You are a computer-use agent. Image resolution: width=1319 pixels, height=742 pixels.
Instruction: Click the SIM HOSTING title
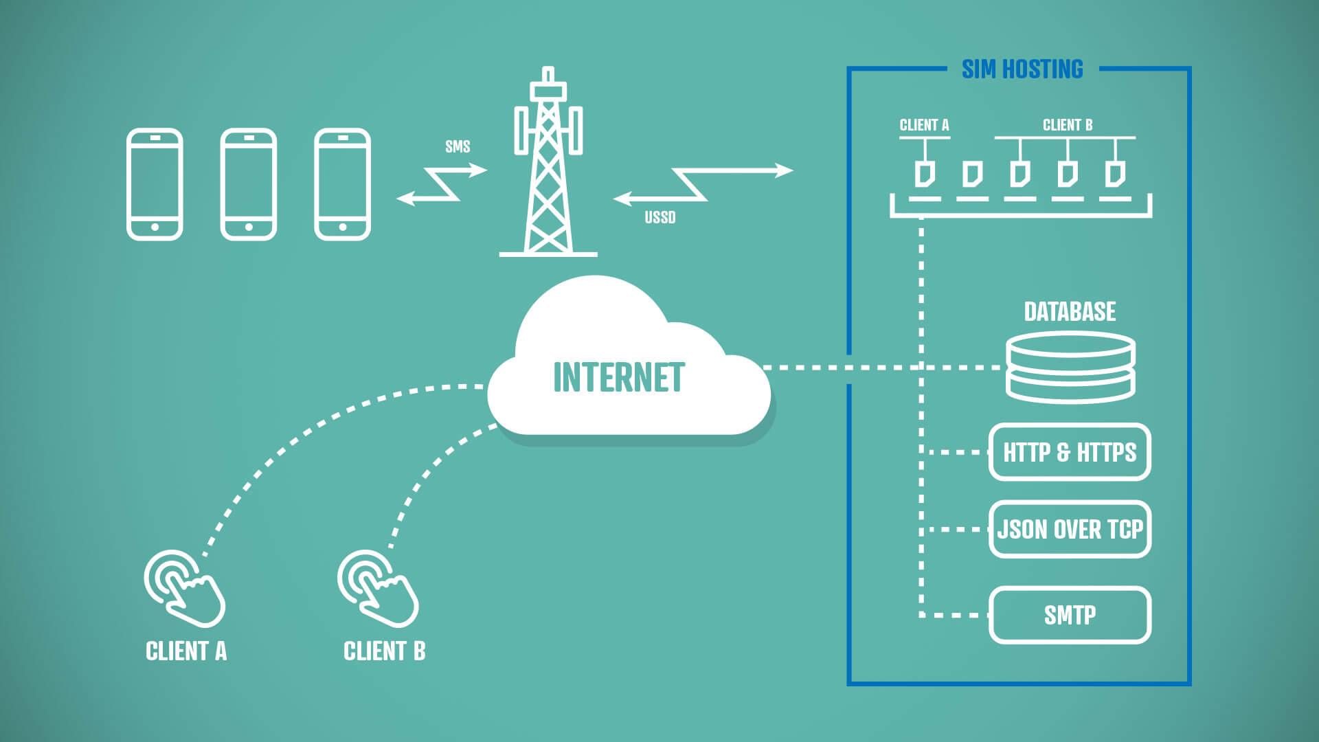pyautogui.click(x=1022, y=69)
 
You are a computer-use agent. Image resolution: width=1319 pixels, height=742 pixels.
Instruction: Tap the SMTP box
pyautogui.click(x=1070, y=615)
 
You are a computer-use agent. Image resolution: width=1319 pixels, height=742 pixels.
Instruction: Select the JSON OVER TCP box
pyautogui.click(x=1070, y=529)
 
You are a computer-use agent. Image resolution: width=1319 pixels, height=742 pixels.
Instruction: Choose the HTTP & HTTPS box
pyautogui.click(x=1070, y=452)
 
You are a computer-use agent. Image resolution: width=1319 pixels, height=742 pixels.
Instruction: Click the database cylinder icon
pyautogui.click(x=1070, y=368)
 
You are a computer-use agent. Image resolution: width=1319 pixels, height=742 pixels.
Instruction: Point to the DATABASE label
pyautogui.click(x=1070, y=312)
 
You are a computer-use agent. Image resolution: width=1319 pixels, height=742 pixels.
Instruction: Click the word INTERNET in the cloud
pyautogui.click(x=619, y=377)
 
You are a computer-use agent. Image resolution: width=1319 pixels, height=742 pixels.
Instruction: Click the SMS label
pyautogui.click(x=458, y=146)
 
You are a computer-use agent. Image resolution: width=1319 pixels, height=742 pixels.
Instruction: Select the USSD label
pyautogui.click(x=659, y=218)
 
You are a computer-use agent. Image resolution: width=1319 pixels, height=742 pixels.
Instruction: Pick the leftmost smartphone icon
pyautogui.click(x=155, y=184)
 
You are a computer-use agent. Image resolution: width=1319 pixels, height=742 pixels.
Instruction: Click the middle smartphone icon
pyautogui.click(x=249, y=184)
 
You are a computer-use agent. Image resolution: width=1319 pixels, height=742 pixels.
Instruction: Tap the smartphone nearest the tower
pyautogui.click(x=342, y=184)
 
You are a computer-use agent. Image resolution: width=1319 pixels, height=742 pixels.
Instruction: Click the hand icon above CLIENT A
pyautogui.click(x=183, y=588)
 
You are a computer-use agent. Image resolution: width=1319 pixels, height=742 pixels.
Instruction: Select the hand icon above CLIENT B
pyautogui.click(x=377, y=588)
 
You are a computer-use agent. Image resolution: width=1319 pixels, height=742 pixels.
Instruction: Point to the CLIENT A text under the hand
pyautogui.click(x=186, y=651)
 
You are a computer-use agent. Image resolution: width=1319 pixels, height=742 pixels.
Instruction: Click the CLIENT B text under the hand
pyautogui.click(x=384, y=651)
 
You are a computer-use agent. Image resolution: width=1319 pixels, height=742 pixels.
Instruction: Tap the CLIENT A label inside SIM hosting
pyautogui.click(x=924, y=125)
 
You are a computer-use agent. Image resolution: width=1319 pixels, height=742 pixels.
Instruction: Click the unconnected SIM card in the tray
pyautogui.click(x=972, y=175)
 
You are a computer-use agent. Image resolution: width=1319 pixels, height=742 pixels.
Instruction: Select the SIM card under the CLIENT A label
pyautogui.click(x=925, y=175)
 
